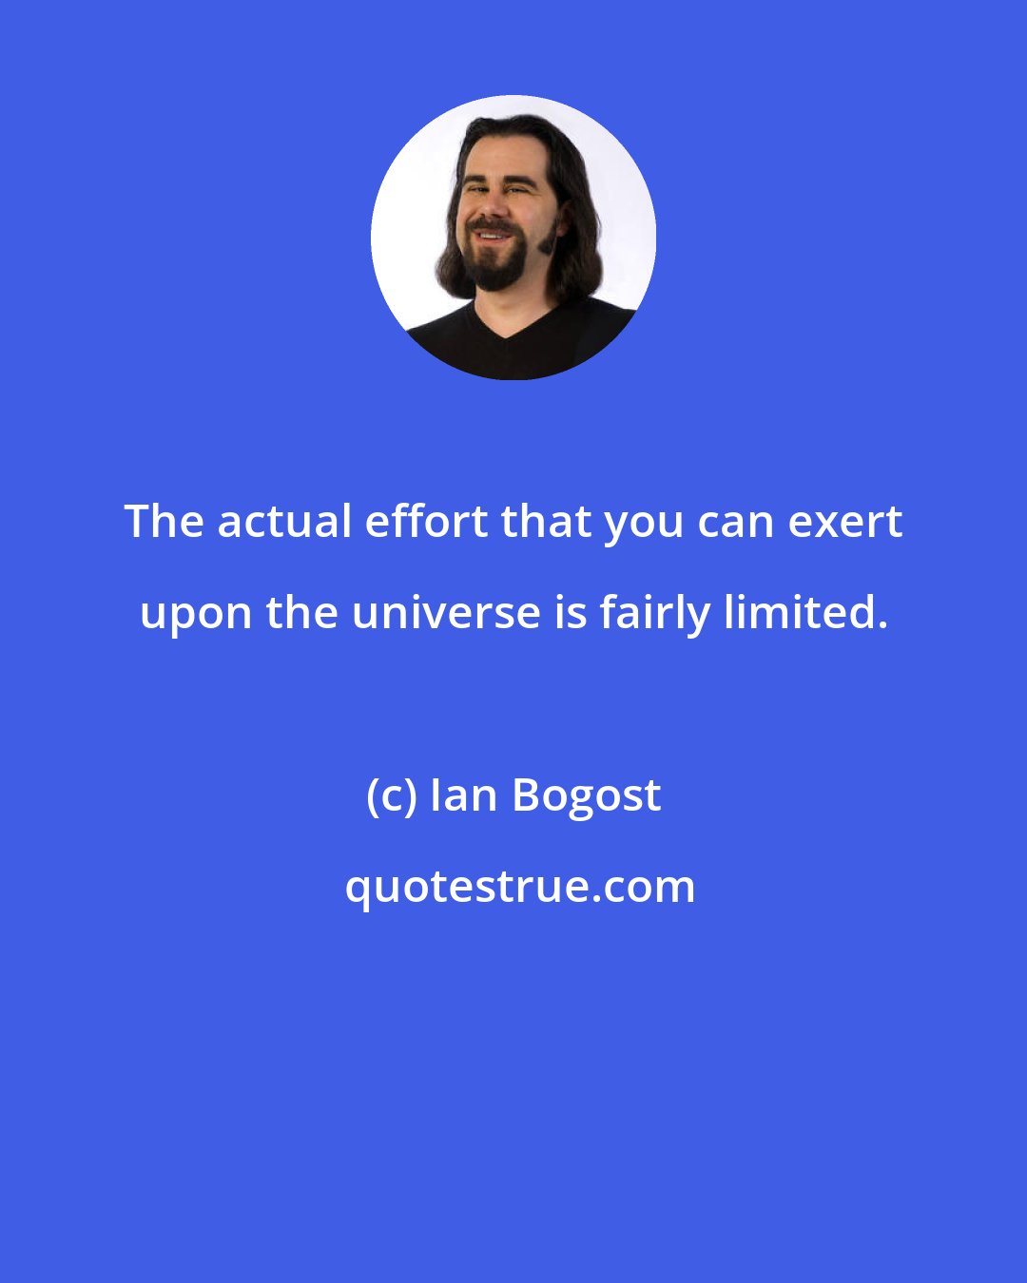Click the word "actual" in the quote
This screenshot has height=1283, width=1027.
click(283, 522)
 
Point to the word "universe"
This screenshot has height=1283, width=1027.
click(446, 613)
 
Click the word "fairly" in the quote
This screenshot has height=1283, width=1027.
click(654, 613)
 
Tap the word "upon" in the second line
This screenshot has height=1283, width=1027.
click(196, 615)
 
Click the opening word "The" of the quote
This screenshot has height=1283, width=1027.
click(164, 522)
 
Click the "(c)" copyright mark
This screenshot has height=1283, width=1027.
click(391, 795)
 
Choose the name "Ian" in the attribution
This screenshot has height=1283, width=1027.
click(464, 795)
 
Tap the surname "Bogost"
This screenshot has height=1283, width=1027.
click(587, 796)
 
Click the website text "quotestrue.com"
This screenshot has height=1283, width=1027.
click(519, 887)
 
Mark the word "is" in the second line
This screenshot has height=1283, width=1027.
click(570, 613)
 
